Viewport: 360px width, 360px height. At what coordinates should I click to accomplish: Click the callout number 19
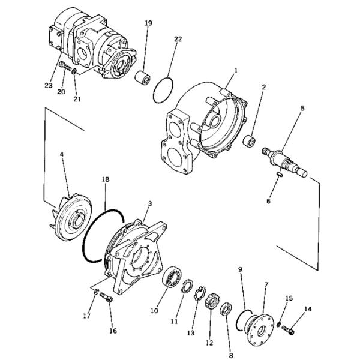click(148, 23)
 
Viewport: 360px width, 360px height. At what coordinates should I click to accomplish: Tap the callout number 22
click(178, 39)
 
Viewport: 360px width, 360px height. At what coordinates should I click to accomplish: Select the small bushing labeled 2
click(250, 142)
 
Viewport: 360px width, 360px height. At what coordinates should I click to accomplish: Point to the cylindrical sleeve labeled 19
click(143, 78)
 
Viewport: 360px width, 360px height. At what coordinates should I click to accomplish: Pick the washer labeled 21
click(74, 71)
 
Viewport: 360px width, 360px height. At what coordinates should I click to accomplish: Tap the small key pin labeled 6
click(280, 174)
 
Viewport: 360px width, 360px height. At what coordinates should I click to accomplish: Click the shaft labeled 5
click(284, 162)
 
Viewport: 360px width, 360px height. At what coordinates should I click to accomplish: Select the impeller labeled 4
click(71, 218)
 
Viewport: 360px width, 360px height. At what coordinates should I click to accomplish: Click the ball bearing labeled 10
click(172, 277)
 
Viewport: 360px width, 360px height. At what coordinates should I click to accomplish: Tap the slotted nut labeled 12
click(211, 301)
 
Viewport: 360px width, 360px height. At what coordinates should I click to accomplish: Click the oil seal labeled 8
click(226, 309)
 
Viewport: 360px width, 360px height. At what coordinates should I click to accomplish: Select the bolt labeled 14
click(288, 330)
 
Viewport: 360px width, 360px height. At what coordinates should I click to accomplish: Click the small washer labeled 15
click(279, 325)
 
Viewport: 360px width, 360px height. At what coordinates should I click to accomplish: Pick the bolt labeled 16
click(107, 298)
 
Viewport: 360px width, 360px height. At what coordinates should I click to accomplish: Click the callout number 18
click(106, 179)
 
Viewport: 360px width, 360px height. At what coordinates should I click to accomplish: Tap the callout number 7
click(266, 284)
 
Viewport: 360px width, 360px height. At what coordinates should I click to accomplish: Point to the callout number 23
click(49, 85)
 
